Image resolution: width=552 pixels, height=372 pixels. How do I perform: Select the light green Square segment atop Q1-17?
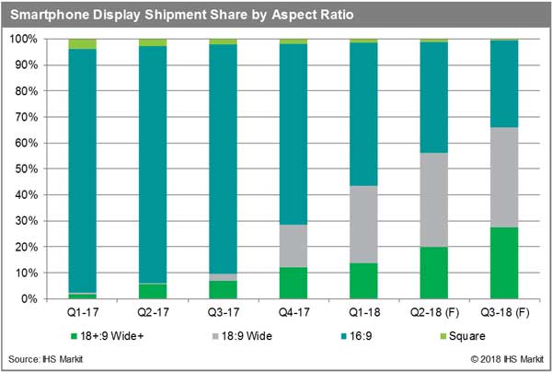click(x=82, y=43)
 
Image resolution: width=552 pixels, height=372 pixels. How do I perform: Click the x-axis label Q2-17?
click(x=153, y=310)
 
